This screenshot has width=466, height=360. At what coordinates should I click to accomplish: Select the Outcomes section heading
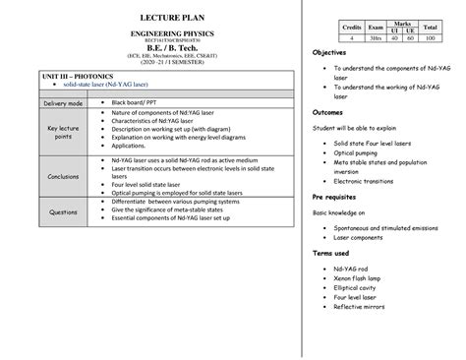[x=327, y=111]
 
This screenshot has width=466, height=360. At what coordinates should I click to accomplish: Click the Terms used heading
[x=330, y=253]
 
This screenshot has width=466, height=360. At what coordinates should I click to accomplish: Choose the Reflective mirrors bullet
[x=367, y=306]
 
